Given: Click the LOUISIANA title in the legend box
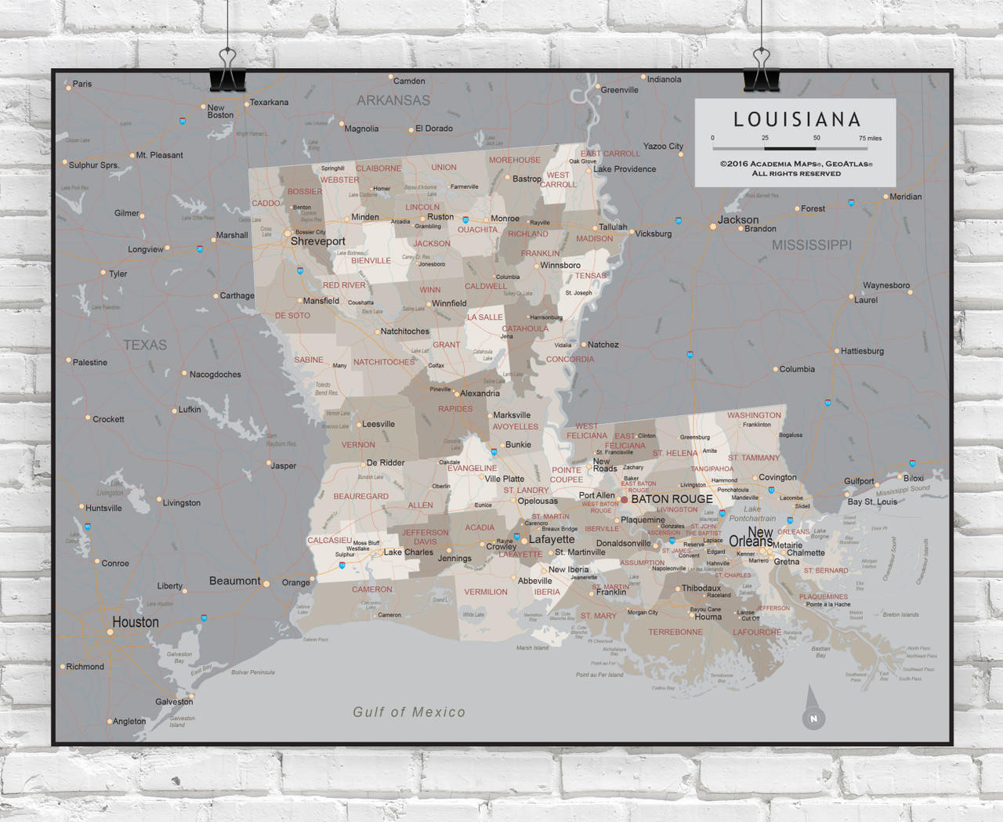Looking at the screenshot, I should tap(797, 120).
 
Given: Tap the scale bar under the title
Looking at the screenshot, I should tap(790, 147).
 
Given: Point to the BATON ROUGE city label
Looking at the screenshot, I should tap(672, 499).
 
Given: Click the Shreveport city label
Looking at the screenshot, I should tap(317, 241).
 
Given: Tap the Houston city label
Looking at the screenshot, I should tap(135, 622).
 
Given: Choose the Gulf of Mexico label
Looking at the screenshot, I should tap(408, 712).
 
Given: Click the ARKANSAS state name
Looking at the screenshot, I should tap(393, 100).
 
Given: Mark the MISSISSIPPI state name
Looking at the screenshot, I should tap(811, 245).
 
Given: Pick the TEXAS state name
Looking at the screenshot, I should tap(145, 345).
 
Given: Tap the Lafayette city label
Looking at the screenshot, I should tap(552, 540).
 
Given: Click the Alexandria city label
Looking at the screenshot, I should tap(480, 393).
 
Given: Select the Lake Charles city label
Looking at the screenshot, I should tap(408, 552).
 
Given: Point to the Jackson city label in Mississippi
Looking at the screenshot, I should tap(738, 220).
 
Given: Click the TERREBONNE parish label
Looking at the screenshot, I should tap(675, 632).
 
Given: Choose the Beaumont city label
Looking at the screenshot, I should tap(234, 581).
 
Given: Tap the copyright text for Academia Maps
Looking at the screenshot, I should tap(796, 168).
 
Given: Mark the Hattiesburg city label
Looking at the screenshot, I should tap(862, 351).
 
